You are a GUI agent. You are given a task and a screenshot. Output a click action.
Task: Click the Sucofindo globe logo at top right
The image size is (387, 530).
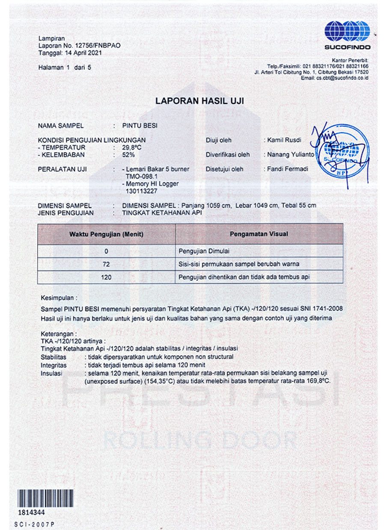tap(347, 31)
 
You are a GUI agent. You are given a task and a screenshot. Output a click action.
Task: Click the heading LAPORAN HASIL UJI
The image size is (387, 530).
tap(199, 101)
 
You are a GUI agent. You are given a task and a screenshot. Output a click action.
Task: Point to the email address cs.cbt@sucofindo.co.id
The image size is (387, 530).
tap(342, 78)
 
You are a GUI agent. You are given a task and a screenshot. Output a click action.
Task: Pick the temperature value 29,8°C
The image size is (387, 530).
tap(132, 147)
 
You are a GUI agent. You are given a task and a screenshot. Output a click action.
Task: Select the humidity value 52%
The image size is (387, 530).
tap(128, 155)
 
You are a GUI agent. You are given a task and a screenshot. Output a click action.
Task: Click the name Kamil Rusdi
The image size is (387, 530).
tap(284, 140)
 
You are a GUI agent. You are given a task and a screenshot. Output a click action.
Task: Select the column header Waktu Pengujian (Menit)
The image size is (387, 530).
tap(106, 234)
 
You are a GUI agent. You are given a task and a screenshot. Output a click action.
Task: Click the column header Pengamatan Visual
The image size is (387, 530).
tap(259, 234)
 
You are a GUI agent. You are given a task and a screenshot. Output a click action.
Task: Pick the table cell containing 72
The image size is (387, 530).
tap(106, 264)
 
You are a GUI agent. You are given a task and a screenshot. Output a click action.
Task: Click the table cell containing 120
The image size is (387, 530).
tap(106, 277)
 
